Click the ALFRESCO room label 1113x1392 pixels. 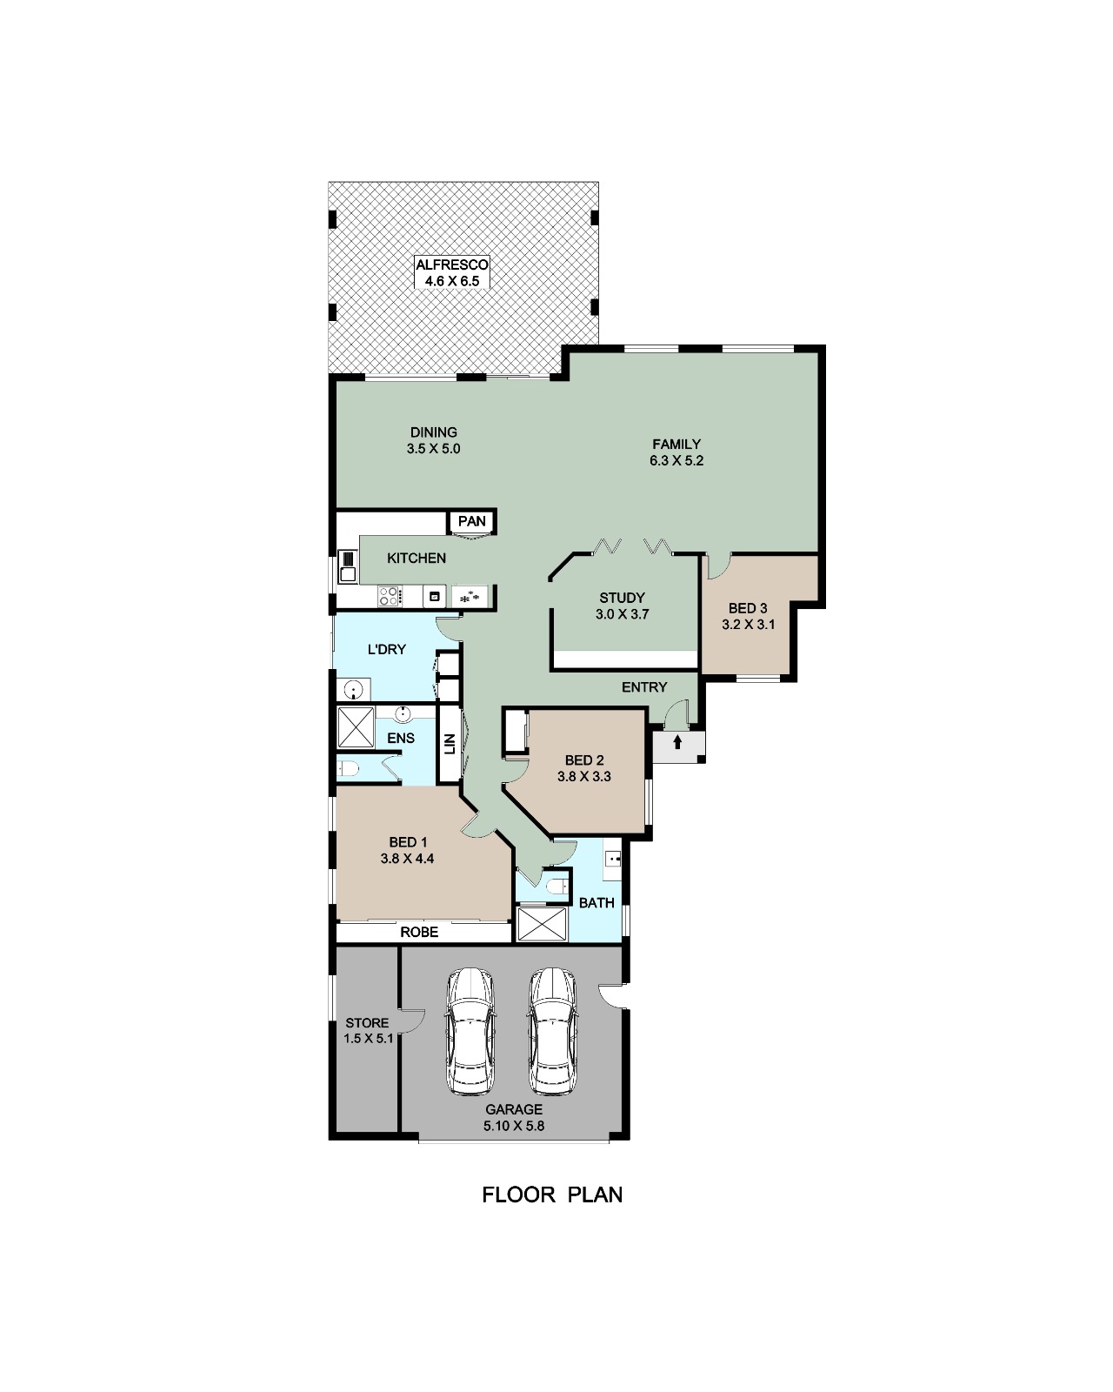tap(451, 264)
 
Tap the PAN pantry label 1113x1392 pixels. tap(471, 521)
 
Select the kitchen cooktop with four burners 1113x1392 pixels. tap(390, 597)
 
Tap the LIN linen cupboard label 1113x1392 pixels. tap(450, 745)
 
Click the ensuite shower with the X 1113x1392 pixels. tap(356, 727)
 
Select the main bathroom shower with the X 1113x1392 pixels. tap(542, 924)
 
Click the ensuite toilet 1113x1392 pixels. tap(348, 769)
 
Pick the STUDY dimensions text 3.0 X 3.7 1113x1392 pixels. tap(622, 614)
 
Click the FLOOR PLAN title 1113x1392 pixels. tap(552, 1195)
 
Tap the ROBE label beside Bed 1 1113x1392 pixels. tap(419, 932)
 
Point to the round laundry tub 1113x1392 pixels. tap(353, 690)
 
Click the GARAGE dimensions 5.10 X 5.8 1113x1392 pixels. tap(514, 1126)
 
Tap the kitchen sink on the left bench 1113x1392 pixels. tap(347, 566)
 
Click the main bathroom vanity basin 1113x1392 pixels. tap(612, 859)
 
